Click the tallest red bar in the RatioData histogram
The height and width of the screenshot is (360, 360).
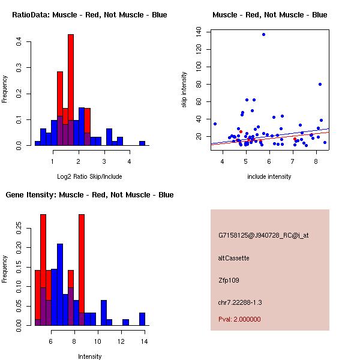(x=71, y=90)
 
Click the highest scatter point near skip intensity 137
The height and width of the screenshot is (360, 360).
(x=263, y=34)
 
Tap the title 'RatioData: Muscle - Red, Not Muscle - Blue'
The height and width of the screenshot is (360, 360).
(x=90, y=15)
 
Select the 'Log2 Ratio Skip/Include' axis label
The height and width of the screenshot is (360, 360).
(x=90, y=176)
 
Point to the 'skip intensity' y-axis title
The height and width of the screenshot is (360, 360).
(x=185, y=90)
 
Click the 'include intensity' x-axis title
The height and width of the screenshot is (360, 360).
(x=269, y=176)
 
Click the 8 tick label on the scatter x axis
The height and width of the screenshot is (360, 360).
(x=316, y=161)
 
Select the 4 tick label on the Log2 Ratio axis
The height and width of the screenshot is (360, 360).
(x=129, y=161)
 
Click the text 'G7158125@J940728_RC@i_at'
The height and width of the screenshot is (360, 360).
(x=263, y=236)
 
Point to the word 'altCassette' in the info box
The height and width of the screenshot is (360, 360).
(x=233, y=258)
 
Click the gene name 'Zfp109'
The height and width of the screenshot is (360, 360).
(x=229, y=280)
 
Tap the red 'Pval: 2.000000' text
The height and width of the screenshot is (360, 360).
(x=239, y=319)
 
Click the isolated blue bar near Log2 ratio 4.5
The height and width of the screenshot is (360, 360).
(x=142, y=143)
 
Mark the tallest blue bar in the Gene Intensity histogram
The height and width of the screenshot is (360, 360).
(x=60, y=285)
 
